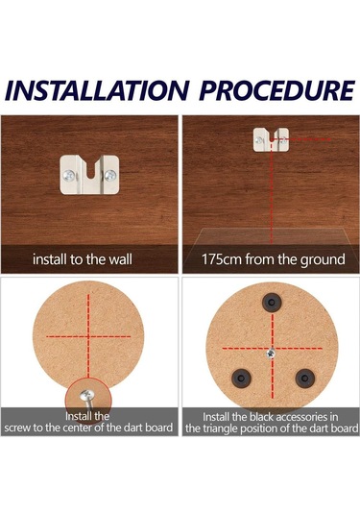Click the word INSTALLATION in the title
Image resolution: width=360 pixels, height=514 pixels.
click(97, 90)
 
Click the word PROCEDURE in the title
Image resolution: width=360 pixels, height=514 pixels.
click(277, 90)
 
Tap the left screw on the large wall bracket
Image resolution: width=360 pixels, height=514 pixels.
click(69, 175)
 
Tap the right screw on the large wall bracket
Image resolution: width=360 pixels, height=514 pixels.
click(110, 175)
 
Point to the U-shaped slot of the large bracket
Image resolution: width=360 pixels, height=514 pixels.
click(89, 168)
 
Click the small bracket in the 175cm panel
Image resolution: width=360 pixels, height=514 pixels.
click(272, 139)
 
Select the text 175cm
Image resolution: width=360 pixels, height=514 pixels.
click(221, 259)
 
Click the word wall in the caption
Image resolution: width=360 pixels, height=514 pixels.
click(121, 259)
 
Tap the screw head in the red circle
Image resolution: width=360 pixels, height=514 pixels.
click(87, 395)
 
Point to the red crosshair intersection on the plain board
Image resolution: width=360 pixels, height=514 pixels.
click(88, 336)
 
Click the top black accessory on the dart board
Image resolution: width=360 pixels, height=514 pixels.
click(272, 302)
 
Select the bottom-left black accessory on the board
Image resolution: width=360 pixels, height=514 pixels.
click(241, 378)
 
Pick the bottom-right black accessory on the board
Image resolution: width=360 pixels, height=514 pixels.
click(304, 378)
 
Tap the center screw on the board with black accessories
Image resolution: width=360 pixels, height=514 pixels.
click(271, 353)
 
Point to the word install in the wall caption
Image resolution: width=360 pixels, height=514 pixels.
click(50, 259)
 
